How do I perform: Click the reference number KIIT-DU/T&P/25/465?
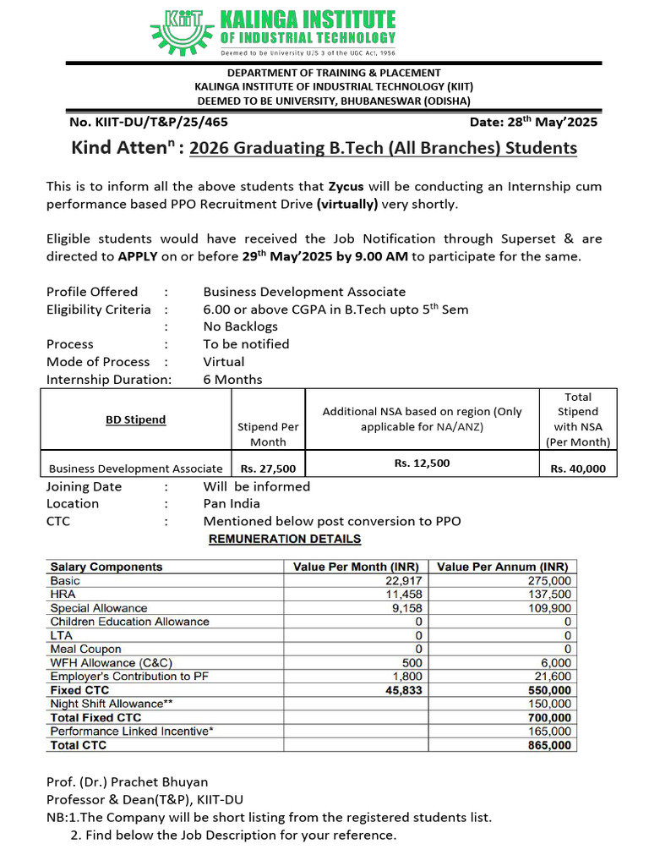[149, 122]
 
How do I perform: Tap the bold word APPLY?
[138, 256]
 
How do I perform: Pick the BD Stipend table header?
[135, 419]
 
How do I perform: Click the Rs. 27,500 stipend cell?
[268, 469]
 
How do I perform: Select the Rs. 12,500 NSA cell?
[422, 463]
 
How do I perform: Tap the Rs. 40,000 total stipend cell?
[578, 469]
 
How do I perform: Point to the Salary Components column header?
[106, 567]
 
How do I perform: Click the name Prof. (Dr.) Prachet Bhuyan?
[126, 781]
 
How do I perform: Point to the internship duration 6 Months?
[232, 380]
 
